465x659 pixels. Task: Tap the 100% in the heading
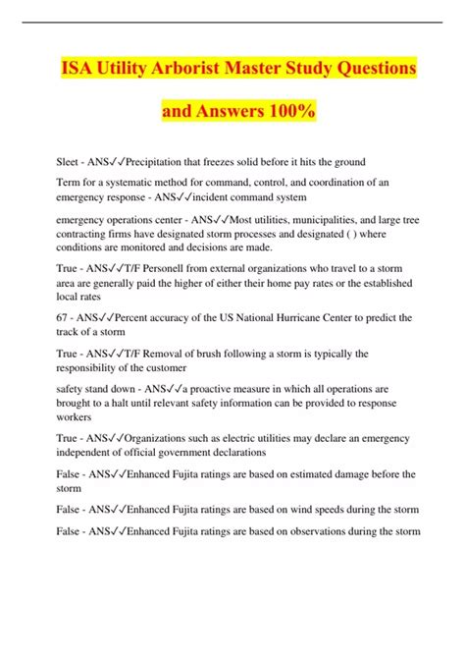point(288,113)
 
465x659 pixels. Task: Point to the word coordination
point(307,182)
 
